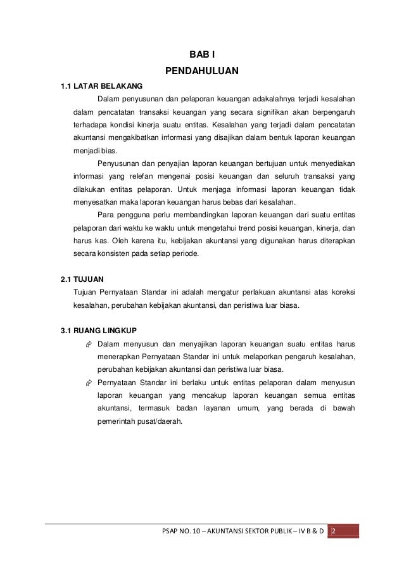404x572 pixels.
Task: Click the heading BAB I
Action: tap(202, 55)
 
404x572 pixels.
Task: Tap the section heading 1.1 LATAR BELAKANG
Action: tap(92, 86)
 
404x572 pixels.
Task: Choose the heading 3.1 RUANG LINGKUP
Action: tap(93, 330)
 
